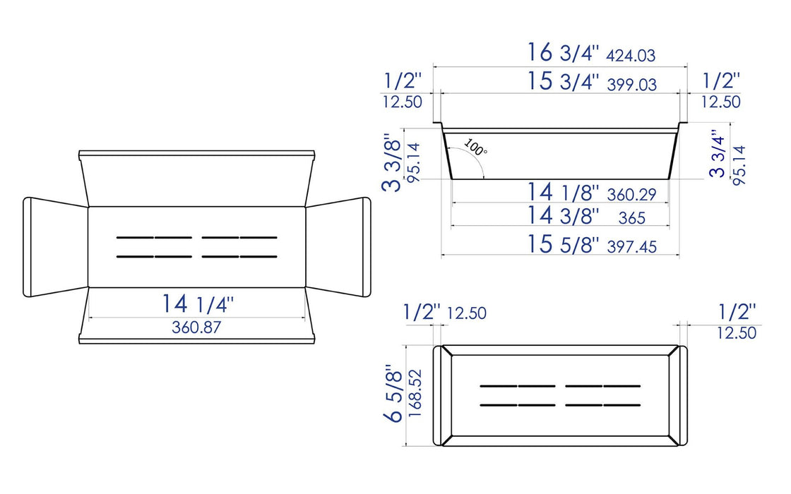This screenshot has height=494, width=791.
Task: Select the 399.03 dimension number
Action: [x=632, y=85]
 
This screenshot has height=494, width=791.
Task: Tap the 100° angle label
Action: [x=475, y=149]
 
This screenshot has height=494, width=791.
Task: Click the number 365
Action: [x=631, y=218]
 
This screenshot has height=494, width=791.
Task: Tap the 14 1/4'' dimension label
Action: [x=197, y=304]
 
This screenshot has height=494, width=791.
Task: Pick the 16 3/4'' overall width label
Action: [x=564, y=53]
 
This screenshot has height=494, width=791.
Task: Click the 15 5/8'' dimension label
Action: [x=563, y=244]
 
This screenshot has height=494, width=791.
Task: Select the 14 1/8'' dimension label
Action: [x=564, y=192]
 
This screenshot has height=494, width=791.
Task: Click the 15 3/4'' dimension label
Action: [x=564, y=81]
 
